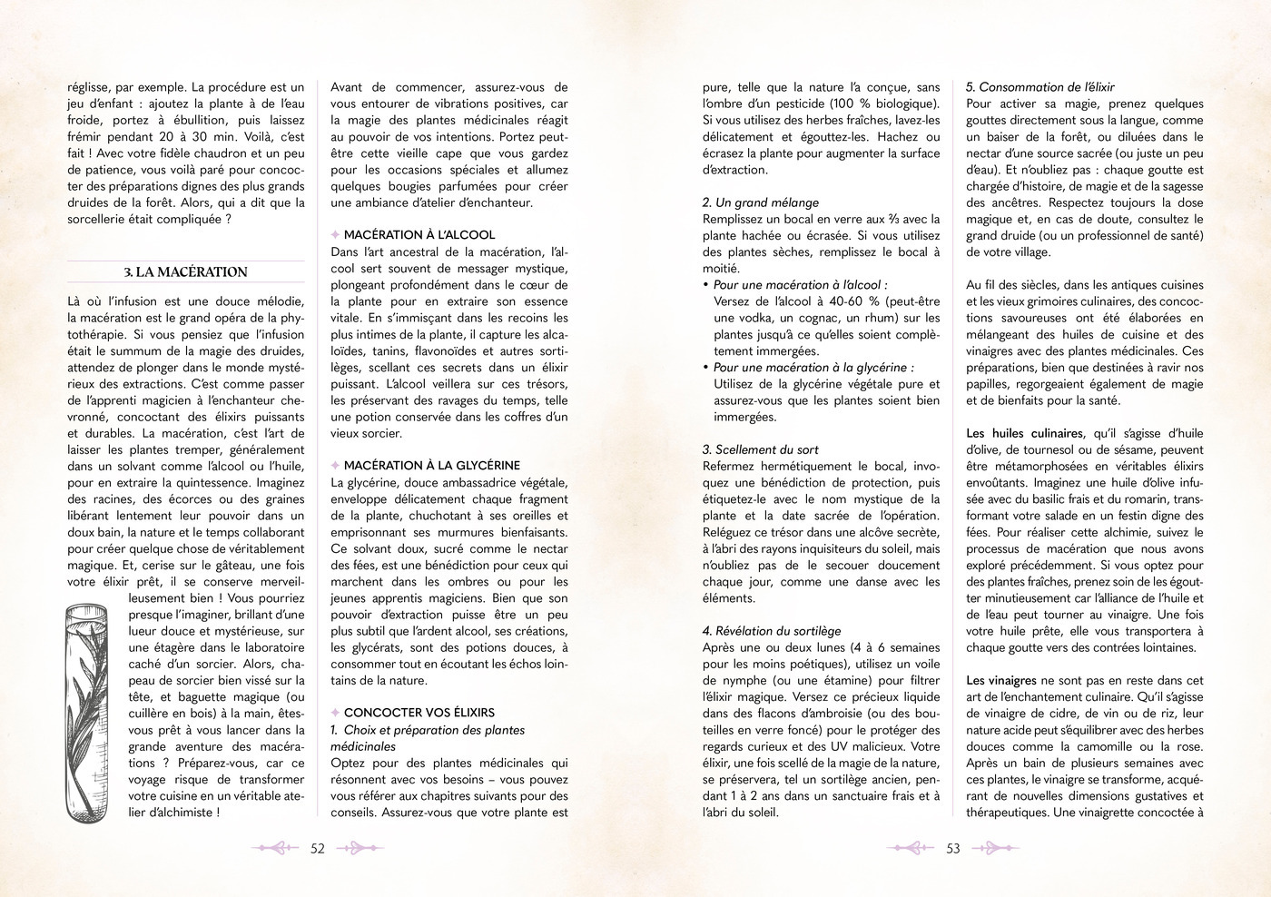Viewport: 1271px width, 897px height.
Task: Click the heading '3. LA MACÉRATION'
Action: [185, 272]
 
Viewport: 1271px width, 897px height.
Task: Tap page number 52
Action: [318, 849]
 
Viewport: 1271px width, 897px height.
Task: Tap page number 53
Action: [952, 849]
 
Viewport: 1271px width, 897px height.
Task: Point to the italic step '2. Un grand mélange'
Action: [760, 202]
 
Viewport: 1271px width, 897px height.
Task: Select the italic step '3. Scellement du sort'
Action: [760, 449]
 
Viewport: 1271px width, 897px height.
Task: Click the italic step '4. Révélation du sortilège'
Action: [772, 631]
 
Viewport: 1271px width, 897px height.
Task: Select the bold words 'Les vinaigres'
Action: [1000, 681]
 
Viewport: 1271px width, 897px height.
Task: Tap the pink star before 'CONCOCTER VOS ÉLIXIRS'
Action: [335, 714]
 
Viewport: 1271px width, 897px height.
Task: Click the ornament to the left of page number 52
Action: [275, 849]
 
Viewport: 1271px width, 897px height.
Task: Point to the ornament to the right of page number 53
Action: [995, 849]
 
